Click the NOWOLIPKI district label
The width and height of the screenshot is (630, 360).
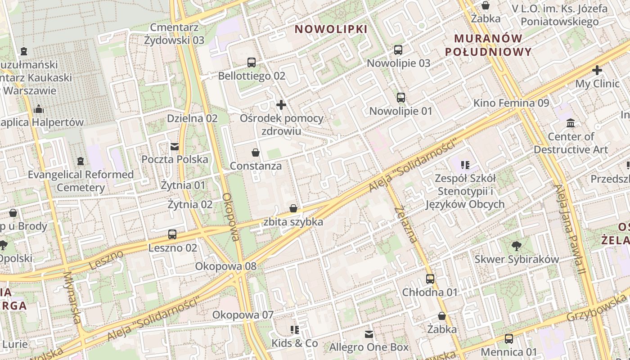coord(331,29)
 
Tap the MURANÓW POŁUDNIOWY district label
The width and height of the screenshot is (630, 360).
coord(488,45)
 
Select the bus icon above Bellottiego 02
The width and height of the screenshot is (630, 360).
coord(252,63)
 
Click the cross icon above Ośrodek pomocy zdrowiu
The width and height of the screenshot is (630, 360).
coord(281,105)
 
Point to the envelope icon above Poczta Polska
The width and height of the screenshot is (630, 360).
coord(175,147)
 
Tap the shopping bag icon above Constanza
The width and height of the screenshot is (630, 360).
coord(256,153)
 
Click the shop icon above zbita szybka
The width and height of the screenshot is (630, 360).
coord(293,208)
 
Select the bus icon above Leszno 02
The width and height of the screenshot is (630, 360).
coord(172,234)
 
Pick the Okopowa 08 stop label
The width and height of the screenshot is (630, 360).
coord(225,266)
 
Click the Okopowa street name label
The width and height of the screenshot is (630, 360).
coord(231,217)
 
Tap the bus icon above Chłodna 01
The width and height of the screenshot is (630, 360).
coord(430,279)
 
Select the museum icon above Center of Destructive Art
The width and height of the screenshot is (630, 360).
coord(571,123)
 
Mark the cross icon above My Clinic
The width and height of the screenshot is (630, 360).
coord(597,71)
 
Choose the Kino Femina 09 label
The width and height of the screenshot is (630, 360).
coord(511,103)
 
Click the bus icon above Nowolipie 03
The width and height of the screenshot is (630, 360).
coord(398,50)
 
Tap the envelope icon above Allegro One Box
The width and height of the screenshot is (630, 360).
coord(369,334)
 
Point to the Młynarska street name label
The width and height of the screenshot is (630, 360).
coord(72,297)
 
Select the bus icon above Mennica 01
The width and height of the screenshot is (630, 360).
coord(509,339)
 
